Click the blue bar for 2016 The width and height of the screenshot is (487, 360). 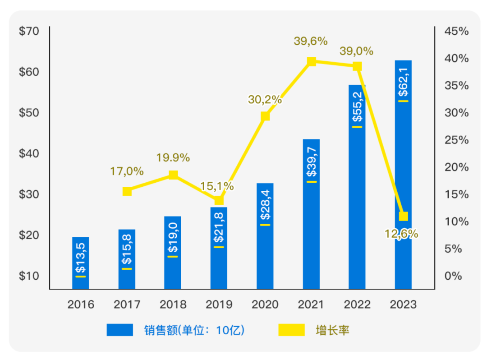click(x=81, y=263)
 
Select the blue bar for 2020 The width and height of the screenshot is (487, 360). click(x=265, y=235)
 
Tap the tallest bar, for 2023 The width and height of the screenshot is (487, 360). click(x=403, y=174)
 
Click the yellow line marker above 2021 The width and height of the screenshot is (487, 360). click(x=311, y=62)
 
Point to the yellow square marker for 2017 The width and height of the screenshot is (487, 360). click(x=127, y=191)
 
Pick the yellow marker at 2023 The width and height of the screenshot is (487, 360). click(x=404, y=216)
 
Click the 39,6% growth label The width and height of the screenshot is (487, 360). click(x=311, y=42)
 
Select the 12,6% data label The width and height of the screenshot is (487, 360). click(x=401, y=234)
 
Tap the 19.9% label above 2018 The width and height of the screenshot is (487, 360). click(x=173, y=158)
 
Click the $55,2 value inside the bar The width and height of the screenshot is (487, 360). click(x=357, y=107)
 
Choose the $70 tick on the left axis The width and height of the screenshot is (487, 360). click(x=29, y=31)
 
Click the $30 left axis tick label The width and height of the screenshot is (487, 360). click(x=29, y=194)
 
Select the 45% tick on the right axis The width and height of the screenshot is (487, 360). click(x=456, y=31)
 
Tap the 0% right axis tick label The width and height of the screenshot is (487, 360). click(x=453, y=276)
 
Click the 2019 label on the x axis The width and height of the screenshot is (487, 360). click(x=219, y=305)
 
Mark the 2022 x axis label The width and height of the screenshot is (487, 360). click(x=357, y=305)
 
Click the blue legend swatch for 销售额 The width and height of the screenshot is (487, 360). click(x=120, y=330)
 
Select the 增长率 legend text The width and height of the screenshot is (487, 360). click(x=333, y=331)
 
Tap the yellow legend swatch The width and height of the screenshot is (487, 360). click(x=291, y=330)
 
